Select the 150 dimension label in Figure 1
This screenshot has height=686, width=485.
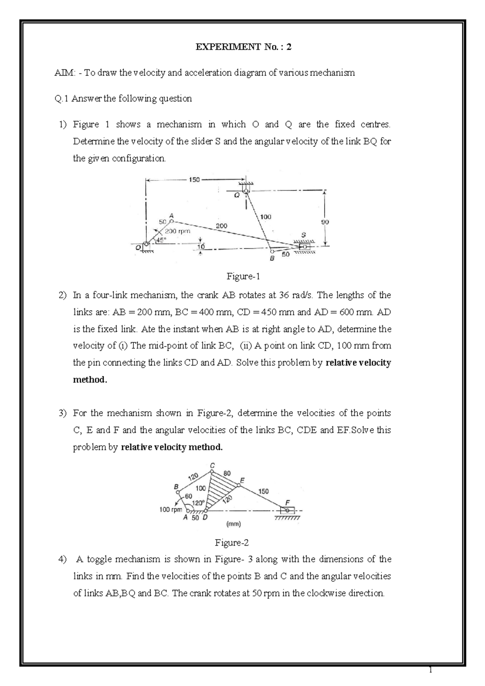tap(194, 180)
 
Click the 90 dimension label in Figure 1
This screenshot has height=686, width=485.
tap(325, 222)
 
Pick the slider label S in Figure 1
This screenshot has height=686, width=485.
tap(304, 235)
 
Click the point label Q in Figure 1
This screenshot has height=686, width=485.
tap(237, 195)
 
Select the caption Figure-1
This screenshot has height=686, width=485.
tap(243, 277)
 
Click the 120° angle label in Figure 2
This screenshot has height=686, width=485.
tap(198, 503)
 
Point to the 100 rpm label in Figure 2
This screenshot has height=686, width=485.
tap(171, 510)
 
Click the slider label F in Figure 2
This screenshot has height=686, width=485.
tap(287, 502)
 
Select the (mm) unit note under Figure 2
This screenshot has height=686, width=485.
tap(233, 524)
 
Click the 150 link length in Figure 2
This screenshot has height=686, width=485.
tap(263, 491)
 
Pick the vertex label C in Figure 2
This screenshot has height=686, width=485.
tap(212, 465)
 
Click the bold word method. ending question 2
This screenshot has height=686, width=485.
tap(90, 380)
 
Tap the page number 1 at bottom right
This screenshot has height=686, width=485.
tap(431, 671)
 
